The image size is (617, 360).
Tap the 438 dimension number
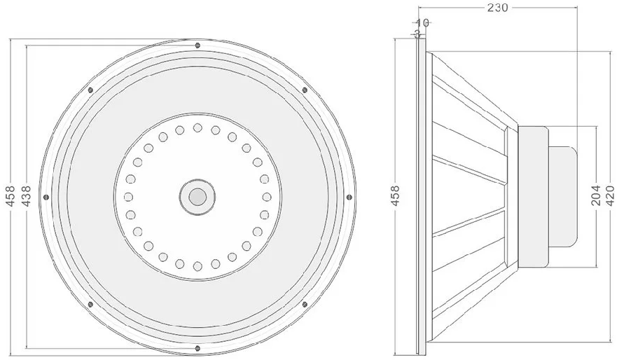pos(27,197)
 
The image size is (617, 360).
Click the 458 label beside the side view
pos(395,197)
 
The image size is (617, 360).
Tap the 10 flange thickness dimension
pos(422,22)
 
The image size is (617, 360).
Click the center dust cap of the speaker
pos(197,197)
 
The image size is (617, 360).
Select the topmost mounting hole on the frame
pos(197,46)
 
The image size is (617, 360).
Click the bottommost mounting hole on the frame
pos(197,348)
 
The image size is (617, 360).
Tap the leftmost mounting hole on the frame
pos(46,197)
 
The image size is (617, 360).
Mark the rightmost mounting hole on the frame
pos(348,197)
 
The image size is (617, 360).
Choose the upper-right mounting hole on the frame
pos(304,90)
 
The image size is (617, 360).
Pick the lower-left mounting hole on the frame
pos(90,304)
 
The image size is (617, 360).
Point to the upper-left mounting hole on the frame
pos(90,90)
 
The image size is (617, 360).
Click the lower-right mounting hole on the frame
pos(304,304)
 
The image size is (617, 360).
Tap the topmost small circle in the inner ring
pos(197,128)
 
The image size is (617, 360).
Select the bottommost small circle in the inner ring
pos(197,265)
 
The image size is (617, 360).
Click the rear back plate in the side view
pos(562,196)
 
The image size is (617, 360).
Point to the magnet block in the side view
pos(533,196)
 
